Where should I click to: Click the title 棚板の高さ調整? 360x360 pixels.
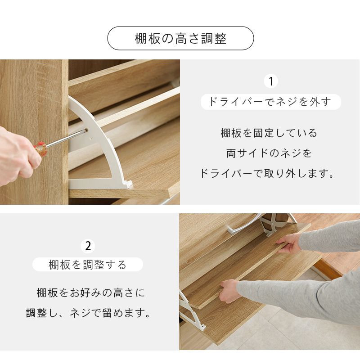(180, 38)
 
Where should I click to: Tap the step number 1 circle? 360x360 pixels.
(271, 81)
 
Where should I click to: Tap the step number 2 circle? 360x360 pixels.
(88, 246)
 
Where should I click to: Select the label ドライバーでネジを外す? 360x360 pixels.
(271, 102)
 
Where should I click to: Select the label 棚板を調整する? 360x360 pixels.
(88, 265)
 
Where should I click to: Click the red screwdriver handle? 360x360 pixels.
(41, 148)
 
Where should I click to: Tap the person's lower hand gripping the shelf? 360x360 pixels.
(229, 291)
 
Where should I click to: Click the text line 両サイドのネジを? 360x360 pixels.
(269, 153)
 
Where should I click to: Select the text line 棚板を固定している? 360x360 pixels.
(269, 133)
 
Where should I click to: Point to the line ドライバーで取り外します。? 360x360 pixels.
(267, 173)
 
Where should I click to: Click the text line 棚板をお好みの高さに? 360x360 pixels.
(91, 293)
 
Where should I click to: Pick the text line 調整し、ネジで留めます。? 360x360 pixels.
(88, 313)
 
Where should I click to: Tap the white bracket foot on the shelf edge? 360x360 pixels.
(127, 184)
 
